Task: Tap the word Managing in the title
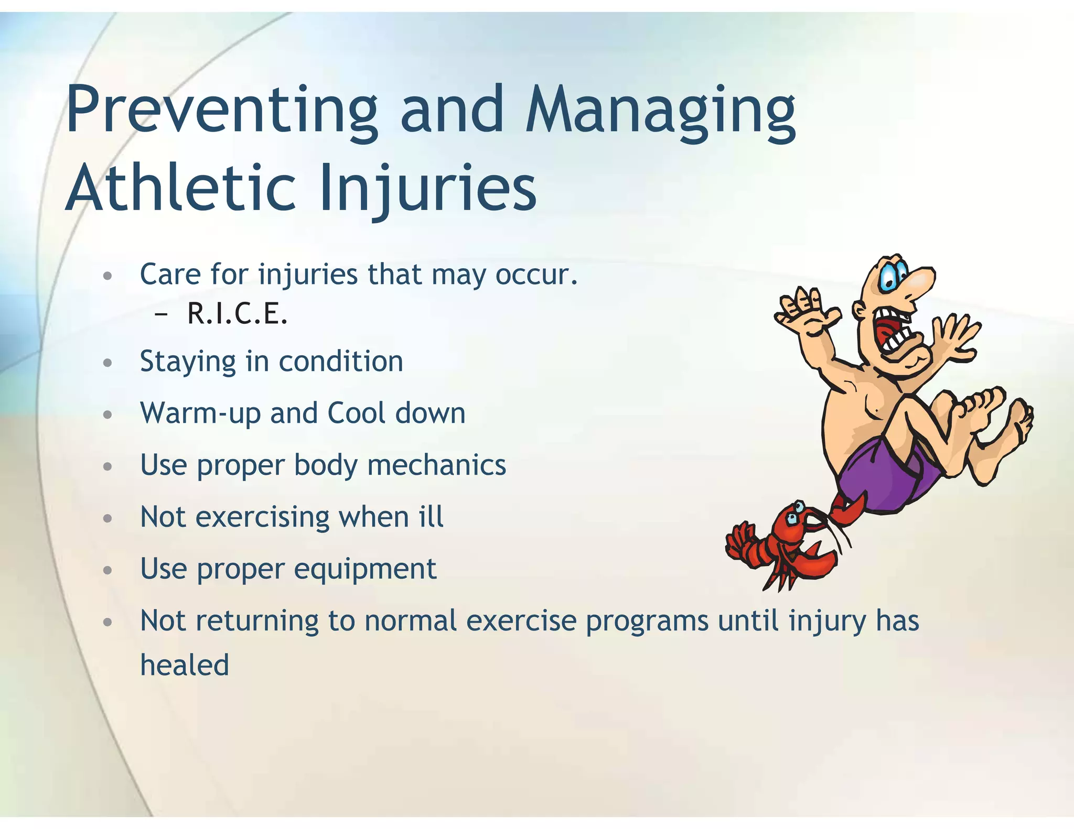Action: pyautogui.click(x=661, y=111)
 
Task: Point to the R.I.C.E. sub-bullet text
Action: pyautogui.click(x=237, y=314)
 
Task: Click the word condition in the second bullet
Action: pyautogui.click(x=341, y=362)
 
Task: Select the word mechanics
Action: pyautogui.click(x=436, y=465)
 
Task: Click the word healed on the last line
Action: pyautogui.click(x=185, y=666)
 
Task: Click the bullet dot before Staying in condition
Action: pyautogui.click(x=108, y=363)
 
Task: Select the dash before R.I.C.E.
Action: pyautogui.click(x=162, y=314)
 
